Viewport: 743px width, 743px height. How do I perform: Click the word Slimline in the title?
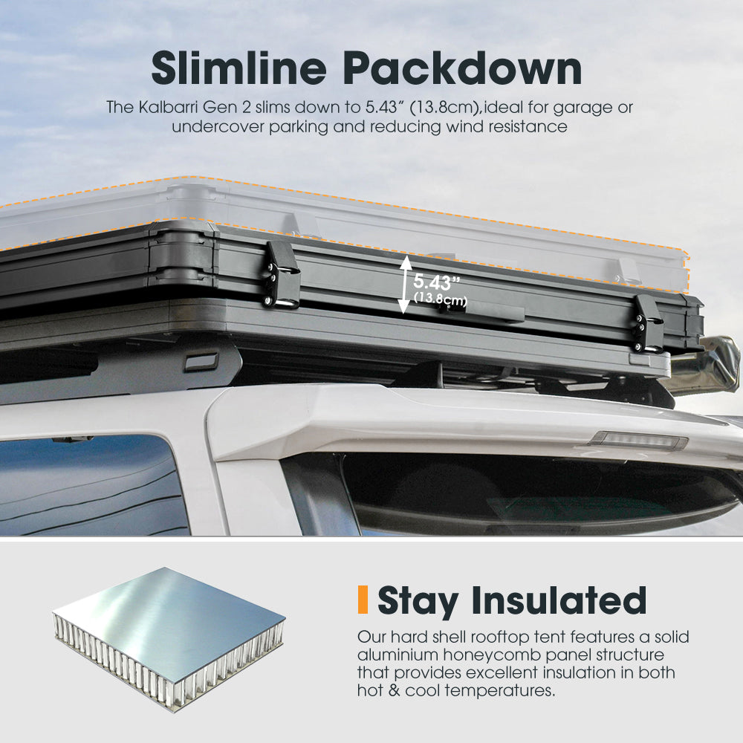pos(239,68)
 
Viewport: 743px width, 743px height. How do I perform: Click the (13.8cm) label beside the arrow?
pos(441,299)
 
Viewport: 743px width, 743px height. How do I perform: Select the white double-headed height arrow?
pos(405,285)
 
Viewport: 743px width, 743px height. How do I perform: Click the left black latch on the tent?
pos(282,275)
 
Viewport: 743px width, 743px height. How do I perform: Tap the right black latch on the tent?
pos(648,324)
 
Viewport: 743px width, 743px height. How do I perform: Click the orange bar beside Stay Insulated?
pos(363,600)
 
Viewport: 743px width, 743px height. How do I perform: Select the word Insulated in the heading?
pos(559,600)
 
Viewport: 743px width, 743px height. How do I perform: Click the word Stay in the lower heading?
pos(418,602)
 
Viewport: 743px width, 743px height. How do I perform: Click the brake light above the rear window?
pos(637,440)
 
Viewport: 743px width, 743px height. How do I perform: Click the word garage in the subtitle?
pos(583,108)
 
